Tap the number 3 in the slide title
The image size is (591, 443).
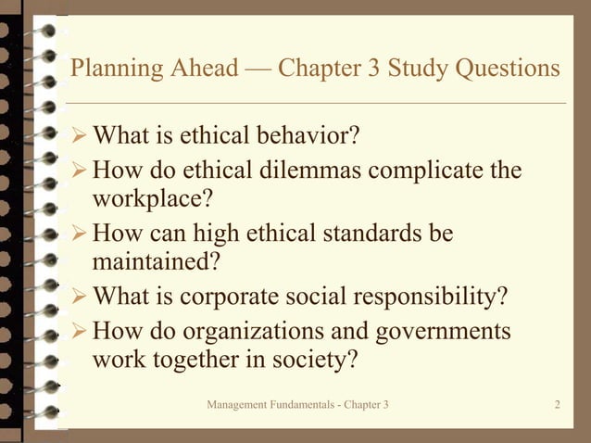(373, 70)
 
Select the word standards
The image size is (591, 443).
(370, 233)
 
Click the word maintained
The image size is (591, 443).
(156, 261)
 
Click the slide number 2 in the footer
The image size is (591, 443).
(558, 405)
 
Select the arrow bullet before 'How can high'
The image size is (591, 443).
(79, 233)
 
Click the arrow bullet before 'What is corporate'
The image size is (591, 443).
(79, 297)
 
